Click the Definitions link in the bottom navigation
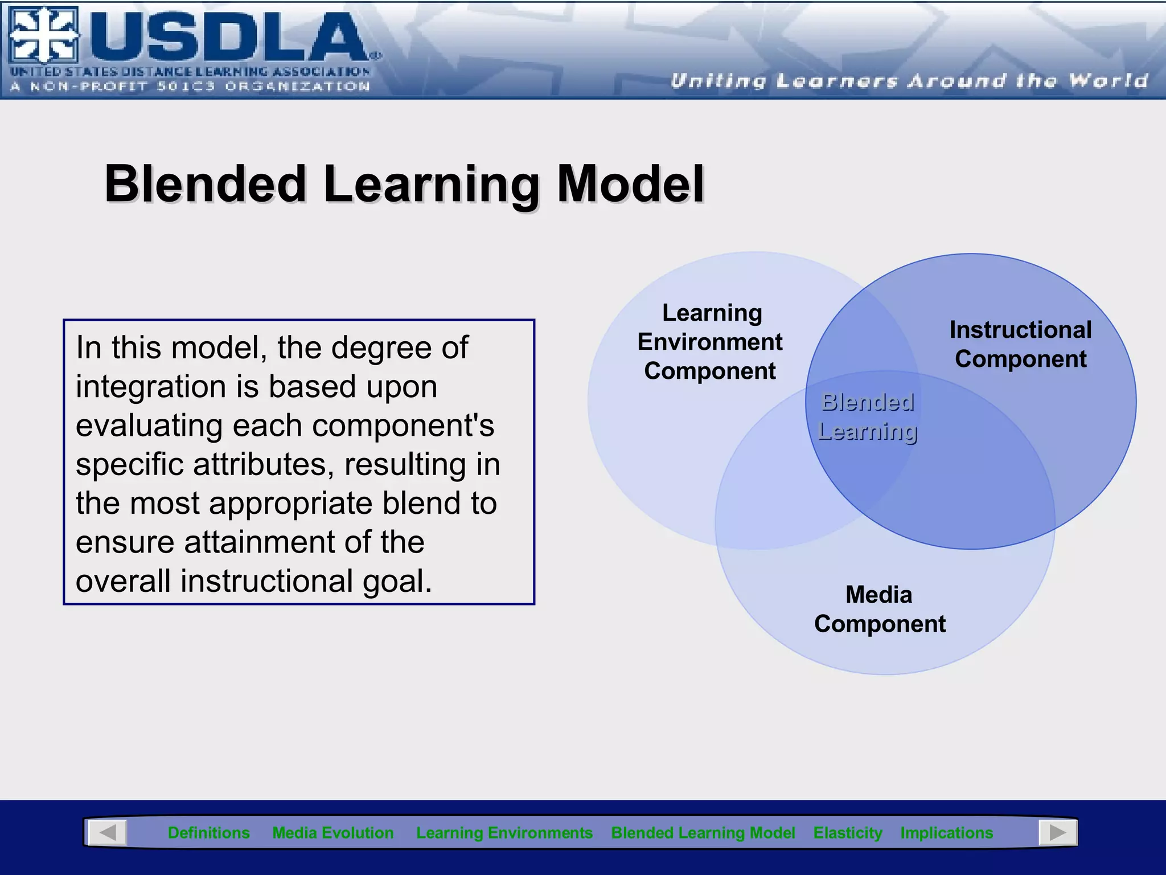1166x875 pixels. [208, 833]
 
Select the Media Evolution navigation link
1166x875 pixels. [332, 833]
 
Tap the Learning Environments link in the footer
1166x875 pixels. [504, 833]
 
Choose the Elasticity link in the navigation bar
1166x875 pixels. [847, 833]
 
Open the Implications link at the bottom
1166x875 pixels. [946, 833]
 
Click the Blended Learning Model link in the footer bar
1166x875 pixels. [703, 833]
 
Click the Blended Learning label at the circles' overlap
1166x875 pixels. [867, 417]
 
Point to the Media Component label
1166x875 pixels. [880, 609]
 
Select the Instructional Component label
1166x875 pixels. [1020, 344]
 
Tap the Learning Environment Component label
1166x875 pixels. [710, 342]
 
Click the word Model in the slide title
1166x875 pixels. [630, 184]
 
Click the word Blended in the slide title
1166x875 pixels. [206, 184]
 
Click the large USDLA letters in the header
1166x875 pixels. [228, 37]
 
